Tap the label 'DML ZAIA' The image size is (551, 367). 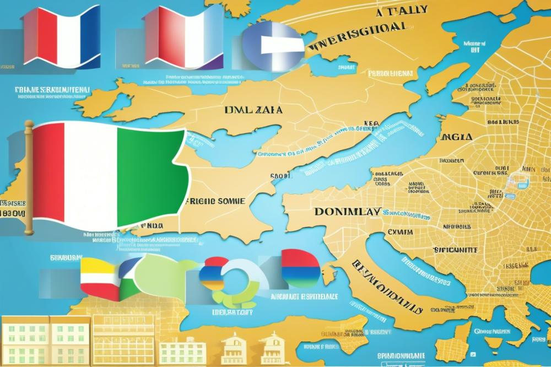(253, 110)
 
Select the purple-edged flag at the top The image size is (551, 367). (182, 36)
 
